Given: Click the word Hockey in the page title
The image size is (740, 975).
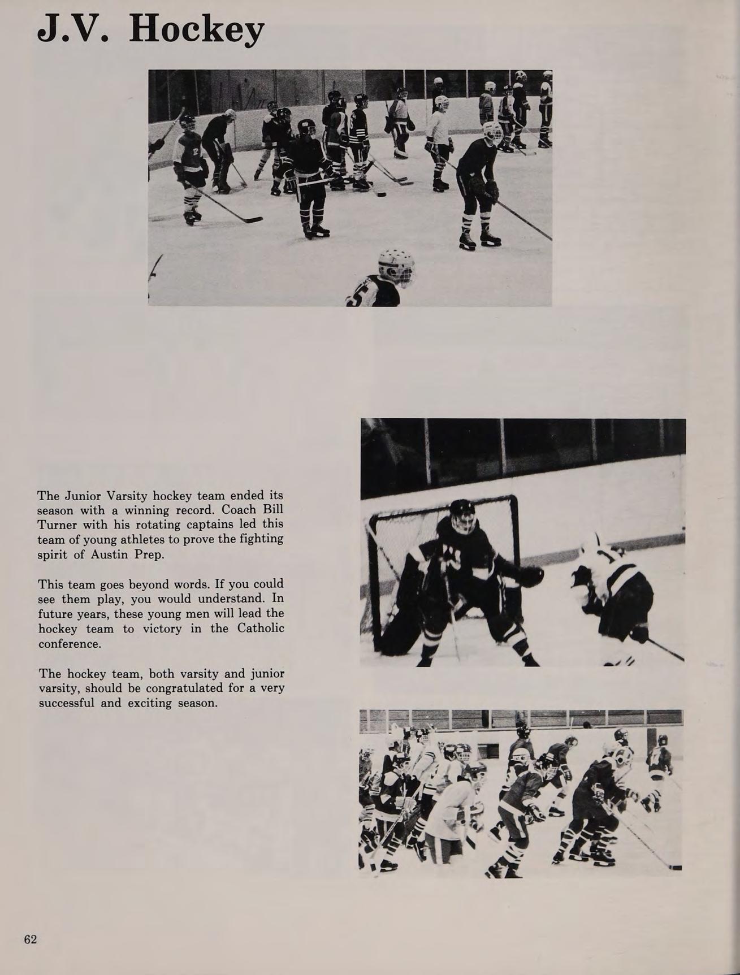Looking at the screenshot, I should point(196,30).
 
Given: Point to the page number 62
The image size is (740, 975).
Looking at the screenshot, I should point(31,939).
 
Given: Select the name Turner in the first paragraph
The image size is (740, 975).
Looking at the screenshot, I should point(57,525).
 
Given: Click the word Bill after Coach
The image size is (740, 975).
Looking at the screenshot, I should point(273,510).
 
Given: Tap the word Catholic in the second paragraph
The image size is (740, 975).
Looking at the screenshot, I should point(261,628).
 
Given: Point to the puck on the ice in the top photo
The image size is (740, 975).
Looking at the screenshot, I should point(381,194).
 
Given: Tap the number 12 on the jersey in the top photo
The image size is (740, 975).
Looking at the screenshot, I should point(194,151).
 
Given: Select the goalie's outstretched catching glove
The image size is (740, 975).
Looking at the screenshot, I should point(530,576).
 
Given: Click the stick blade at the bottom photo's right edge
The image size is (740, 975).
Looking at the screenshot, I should point(675,868).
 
